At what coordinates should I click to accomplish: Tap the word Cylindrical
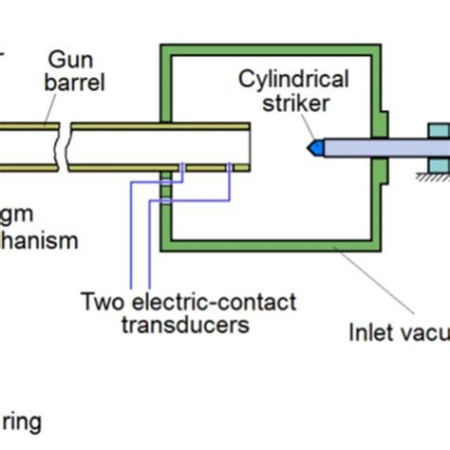tap(293, 78)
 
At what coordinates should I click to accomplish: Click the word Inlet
tap(368, 331)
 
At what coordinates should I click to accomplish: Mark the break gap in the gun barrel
tap(62, 146)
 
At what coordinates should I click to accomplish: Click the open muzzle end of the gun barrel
tap(250, 146)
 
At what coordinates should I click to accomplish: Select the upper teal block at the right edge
tap(439, 133)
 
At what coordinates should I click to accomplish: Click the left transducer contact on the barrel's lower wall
tap(182, 168)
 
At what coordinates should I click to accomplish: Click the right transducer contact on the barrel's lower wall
tap(230, 168)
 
